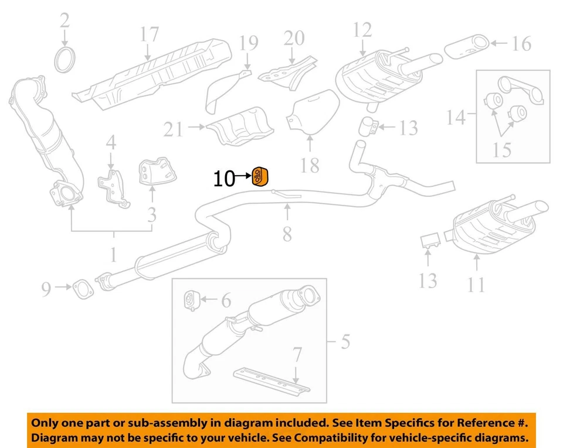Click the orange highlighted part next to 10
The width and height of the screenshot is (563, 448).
tap(260, 175)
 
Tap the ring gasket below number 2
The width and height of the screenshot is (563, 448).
tap(65, 60)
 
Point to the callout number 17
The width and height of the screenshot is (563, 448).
tap(150, 35)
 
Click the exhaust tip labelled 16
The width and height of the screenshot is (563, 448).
tap(468, 46)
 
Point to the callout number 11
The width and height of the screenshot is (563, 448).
tap(476, 283)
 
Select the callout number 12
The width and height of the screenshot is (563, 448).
tap(362, 29)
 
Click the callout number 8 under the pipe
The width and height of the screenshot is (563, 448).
tap(287, 233)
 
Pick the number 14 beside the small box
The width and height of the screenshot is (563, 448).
tap(456, 118)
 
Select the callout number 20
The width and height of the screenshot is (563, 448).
tap(294, 38)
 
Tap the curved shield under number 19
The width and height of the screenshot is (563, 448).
tap(225, 93)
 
